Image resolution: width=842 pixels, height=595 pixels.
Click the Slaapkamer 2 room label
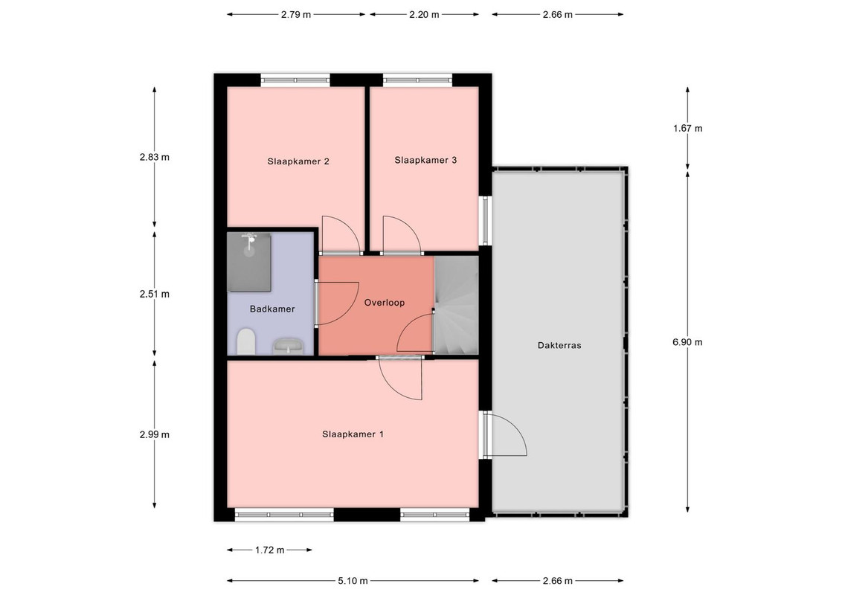tap(298, 161)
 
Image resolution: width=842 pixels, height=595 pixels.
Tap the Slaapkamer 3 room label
tap(425, 160)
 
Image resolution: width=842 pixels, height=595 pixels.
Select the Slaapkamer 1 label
tap(353, 434)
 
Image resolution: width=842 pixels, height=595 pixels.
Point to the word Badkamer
tap(272, 309)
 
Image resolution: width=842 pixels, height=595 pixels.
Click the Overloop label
tap(385, 302)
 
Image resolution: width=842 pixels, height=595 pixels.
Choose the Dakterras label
tap(559, 345)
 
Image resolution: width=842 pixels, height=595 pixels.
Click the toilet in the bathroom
tap(246, 341)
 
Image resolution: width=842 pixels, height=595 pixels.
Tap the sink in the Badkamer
tap(289, 347)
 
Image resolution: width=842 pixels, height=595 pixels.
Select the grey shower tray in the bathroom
tap(248, 262)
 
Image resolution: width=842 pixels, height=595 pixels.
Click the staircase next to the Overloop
tap(456, 304)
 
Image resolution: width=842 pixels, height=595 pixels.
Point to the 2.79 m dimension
tap(296, 14)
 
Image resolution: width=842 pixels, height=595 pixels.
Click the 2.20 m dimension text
tap(424, 14)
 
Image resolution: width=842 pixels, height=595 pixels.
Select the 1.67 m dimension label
tap(688, 128)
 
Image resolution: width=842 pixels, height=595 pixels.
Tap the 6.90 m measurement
tap(687, 342)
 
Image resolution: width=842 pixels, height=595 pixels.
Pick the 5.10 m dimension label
tap(353, 581)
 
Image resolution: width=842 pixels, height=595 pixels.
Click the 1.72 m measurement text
tap(269, 550)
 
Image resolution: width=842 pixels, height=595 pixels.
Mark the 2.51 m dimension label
tap(155, 294)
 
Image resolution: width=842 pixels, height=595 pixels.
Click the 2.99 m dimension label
tap(155, 434)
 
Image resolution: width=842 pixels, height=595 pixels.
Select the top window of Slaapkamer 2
tap(295, 80)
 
